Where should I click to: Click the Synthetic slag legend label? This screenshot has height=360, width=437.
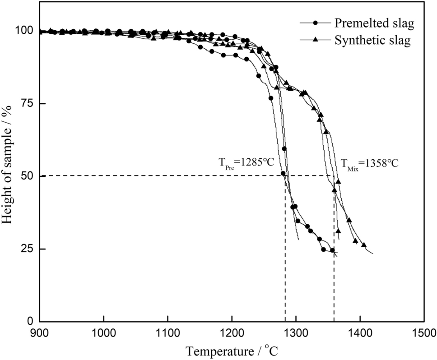click(x=372, y=40)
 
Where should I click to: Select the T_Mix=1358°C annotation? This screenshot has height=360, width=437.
click(x=369, y=163)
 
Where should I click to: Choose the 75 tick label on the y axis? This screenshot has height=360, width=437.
click(x=28, y=103)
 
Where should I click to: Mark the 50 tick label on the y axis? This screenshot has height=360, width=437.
click(x=28, y=176)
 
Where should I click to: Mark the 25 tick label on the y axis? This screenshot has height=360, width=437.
click(x=28, y=249)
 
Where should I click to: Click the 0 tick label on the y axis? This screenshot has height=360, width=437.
click(x=31, y=321)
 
